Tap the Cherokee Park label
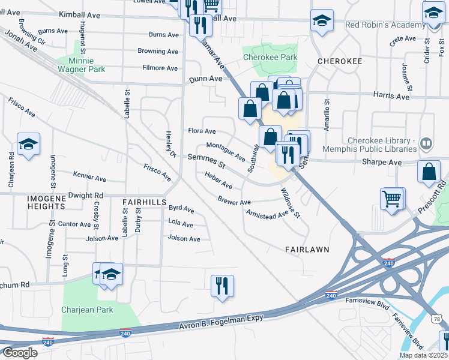pos(270,58)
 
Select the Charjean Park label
pos(87,310)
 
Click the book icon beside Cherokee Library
pos(426,143)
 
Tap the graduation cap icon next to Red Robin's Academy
pos(322,20)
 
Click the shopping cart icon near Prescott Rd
pos(392,198)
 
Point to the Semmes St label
pos(206,158)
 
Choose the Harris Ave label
pos(391,96)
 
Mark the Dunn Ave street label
pos(206,79)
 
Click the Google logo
pos(19,353)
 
